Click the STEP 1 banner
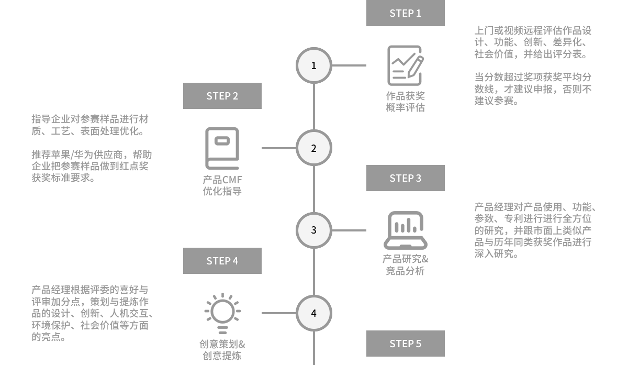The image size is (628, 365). pos(405,14)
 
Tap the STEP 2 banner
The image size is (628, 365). pos(222,96)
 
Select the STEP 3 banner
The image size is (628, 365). pos(405,178)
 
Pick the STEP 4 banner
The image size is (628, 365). pos(222,261)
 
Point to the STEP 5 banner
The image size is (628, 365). pos(405,344)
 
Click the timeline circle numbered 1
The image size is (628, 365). pos(314,65)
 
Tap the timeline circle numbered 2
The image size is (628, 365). pos(314,148)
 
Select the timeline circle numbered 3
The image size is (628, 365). pos(314,230)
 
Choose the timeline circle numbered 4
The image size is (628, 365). pos(314,313)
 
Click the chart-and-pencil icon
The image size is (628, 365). pos(405,65)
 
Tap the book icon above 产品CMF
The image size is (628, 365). pos(222,148)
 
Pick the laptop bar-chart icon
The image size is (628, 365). pos(405,230)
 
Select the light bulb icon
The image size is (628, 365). pos(222,313)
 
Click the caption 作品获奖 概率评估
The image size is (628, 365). pos(405,102)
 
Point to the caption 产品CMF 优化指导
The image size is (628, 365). pos(222,185)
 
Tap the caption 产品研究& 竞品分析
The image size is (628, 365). pos(405,264)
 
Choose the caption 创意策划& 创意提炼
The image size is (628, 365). pos(222,350)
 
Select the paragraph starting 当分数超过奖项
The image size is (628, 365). pos(533,89)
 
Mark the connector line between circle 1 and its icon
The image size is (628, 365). pos(349,65)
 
